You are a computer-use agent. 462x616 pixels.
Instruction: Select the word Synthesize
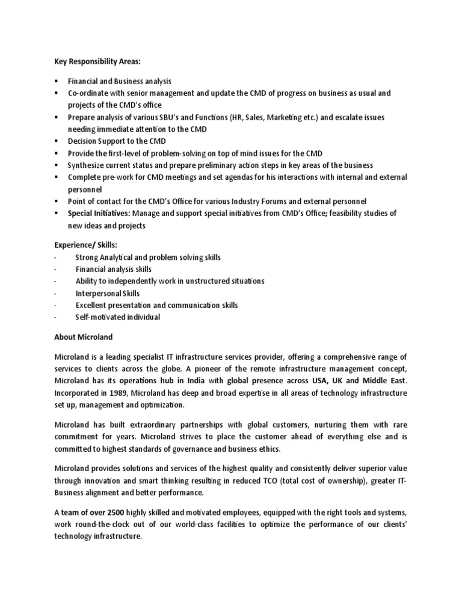coord(87,165)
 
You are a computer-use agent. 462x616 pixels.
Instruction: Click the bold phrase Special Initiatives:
coord(99,214)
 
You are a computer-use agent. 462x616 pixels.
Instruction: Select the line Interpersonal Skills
coord(107,293)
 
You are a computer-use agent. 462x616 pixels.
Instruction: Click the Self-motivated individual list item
coord(117,317)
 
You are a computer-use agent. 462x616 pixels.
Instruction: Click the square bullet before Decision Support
coord(55,141)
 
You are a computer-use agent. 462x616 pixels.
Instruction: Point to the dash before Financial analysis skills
coord(55,269)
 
